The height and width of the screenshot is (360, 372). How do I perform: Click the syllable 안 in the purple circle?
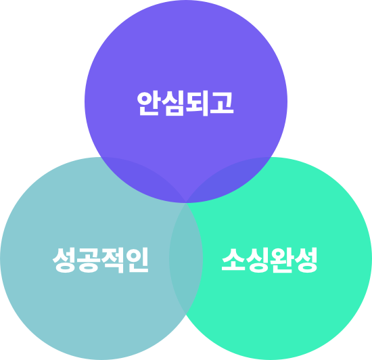click(148, 104)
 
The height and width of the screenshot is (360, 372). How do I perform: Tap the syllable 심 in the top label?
click(173, 104)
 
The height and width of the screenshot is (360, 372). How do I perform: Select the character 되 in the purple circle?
click(197, 104)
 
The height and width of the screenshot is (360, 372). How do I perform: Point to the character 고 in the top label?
click(222, 102)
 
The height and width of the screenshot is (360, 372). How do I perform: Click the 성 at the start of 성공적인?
click(64, 260)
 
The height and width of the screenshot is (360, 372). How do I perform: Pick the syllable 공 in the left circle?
click(89, 260)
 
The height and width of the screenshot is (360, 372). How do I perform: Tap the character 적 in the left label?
click(113, 260)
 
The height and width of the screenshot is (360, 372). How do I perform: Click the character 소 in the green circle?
click(233, 259)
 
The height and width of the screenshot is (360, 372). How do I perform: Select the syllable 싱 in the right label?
click(258, 260)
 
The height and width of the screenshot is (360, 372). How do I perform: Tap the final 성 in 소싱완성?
click(306, 260)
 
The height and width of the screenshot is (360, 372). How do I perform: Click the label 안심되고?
click(185, 104)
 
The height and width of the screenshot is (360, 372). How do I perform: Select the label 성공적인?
click(101, 260)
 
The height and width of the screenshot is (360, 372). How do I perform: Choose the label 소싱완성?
click(269, 260)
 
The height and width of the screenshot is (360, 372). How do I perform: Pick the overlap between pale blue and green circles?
click(186, 258)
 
